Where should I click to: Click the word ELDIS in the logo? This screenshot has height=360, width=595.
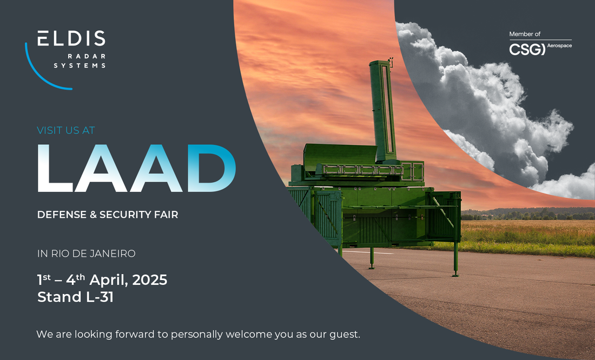tap(71, 38)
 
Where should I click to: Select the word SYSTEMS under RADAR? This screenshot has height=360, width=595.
tap(80, 65)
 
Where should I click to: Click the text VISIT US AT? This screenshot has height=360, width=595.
tap(65, 130)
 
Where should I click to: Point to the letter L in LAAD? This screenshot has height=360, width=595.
tap(55, 168)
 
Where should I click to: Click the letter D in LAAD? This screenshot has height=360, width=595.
tap(211, 168)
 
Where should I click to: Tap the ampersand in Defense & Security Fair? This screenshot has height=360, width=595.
tap(93, 215)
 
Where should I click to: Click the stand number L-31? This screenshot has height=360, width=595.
tap(100, 297)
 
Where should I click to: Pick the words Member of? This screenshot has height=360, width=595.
tap(525, 34)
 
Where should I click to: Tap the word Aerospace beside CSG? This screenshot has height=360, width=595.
tap(559, 46)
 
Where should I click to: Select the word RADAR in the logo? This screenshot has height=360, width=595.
tap(87, 56)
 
